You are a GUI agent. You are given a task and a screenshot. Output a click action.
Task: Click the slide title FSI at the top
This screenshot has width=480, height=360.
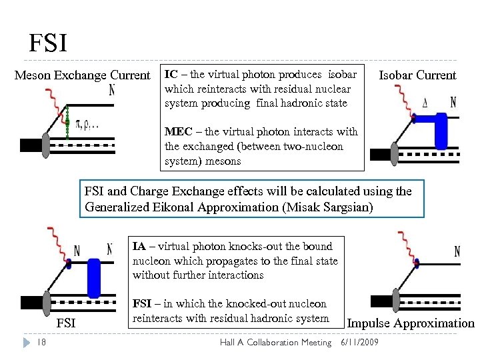click(x=47, y=44)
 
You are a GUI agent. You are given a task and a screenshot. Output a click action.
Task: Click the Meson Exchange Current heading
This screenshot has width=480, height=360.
click(x=83, y=75)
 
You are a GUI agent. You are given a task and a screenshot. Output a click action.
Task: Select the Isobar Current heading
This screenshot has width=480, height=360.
click(x=417, y=75)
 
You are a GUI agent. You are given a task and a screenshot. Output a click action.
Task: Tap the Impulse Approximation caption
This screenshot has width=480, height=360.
click(x=411, y=324)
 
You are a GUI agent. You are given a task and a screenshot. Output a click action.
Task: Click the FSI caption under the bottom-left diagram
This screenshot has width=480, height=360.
click(x=66, y=324)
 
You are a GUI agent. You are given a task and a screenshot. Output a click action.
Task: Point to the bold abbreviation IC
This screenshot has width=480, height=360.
click(x=171, y=74)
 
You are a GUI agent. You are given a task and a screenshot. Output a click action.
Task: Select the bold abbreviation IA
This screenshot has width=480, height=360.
click(x=139, y=246)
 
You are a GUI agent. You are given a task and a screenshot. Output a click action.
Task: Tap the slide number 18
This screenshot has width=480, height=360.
click(x=41, y=343)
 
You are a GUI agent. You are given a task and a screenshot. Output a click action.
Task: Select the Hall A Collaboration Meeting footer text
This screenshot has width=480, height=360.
click(x=275, y=343)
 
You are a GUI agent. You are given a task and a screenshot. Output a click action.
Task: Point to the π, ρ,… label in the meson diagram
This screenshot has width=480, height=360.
click(x=87, y=125)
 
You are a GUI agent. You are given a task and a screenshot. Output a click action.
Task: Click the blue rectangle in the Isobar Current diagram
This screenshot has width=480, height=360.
click(x=441, y=131)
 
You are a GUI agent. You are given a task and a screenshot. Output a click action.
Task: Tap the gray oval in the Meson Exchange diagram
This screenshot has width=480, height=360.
click(x=46, y=146)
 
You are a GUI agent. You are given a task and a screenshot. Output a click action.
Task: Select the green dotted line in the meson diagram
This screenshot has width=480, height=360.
click(x=67, y=120)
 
